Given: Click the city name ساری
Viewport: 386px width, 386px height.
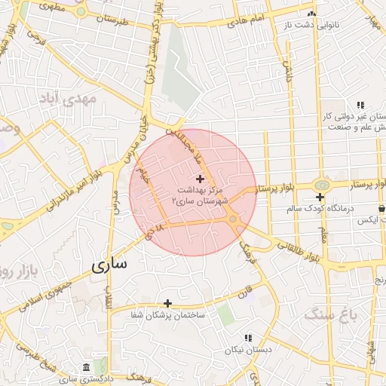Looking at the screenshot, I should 109,266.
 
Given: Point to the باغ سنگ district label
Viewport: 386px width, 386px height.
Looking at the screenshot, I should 325,314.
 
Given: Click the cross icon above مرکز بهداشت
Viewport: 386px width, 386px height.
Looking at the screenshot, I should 200,179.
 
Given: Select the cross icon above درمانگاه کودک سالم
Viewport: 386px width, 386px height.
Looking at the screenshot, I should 320,197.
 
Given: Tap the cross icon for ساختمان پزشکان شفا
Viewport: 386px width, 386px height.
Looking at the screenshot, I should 168,303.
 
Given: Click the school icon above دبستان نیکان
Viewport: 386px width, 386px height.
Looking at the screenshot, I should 248,338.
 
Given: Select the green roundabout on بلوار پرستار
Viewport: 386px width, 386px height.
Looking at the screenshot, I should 322,184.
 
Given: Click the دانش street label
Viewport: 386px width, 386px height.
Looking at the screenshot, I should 287,72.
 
